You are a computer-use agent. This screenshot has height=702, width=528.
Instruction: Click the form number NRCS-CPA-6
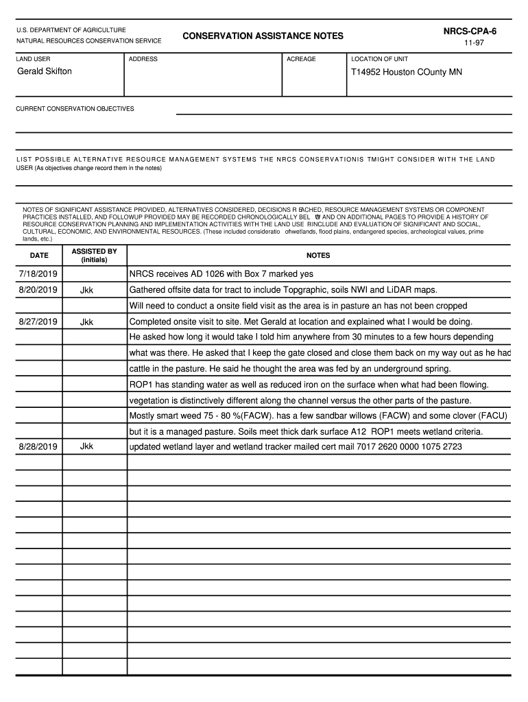coord(470,32)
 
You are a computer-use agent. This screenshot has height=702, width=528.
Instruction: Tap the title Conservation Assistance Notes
coord(263,36)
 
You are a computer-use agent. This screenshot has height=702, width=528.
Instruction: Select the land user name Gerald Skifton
coord(44,71)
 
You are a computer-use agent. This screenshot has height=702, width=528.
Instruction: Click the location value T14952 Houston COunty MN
coord(406,72)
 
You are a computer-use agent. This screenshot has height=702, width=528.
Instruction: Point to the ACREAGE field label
coord(301,59)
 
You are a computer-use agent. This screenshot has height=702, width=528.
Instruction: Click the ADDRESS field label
coord(143,59)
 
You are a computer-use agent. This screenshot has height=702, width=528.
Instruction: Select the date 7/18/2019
coord(38,274)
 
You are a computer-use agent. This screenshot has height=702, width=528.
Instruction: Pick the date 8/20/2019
coord(38,290)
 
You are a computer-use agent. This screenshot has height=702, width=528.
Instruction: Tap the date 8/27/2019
coord(38,322)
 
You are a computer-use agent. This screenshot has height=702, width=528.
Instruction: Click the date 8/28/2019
coord(38,447)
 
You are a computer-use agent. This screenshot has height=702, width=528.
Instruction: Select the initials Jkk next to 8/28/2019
coord(86,447)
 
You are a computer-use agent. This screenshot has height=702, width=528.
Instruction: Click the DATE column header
coord(39,256)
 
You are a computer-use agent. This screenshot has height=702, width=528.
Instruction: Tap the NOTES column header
coord(318,256)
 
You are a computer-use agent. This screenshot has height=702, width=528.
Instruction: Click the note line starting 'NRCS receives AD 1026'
coord(221,274)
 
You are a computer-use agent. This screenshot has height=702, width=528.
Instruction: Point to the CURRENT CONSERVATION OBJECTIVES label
coord(75,109)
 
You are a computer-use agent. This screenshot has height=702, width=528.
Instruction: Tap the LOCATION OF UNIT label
coord(379,59)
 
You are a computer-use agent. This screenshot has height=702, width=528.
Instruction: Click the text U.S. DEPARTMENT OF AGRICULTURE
coord(71,30)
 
